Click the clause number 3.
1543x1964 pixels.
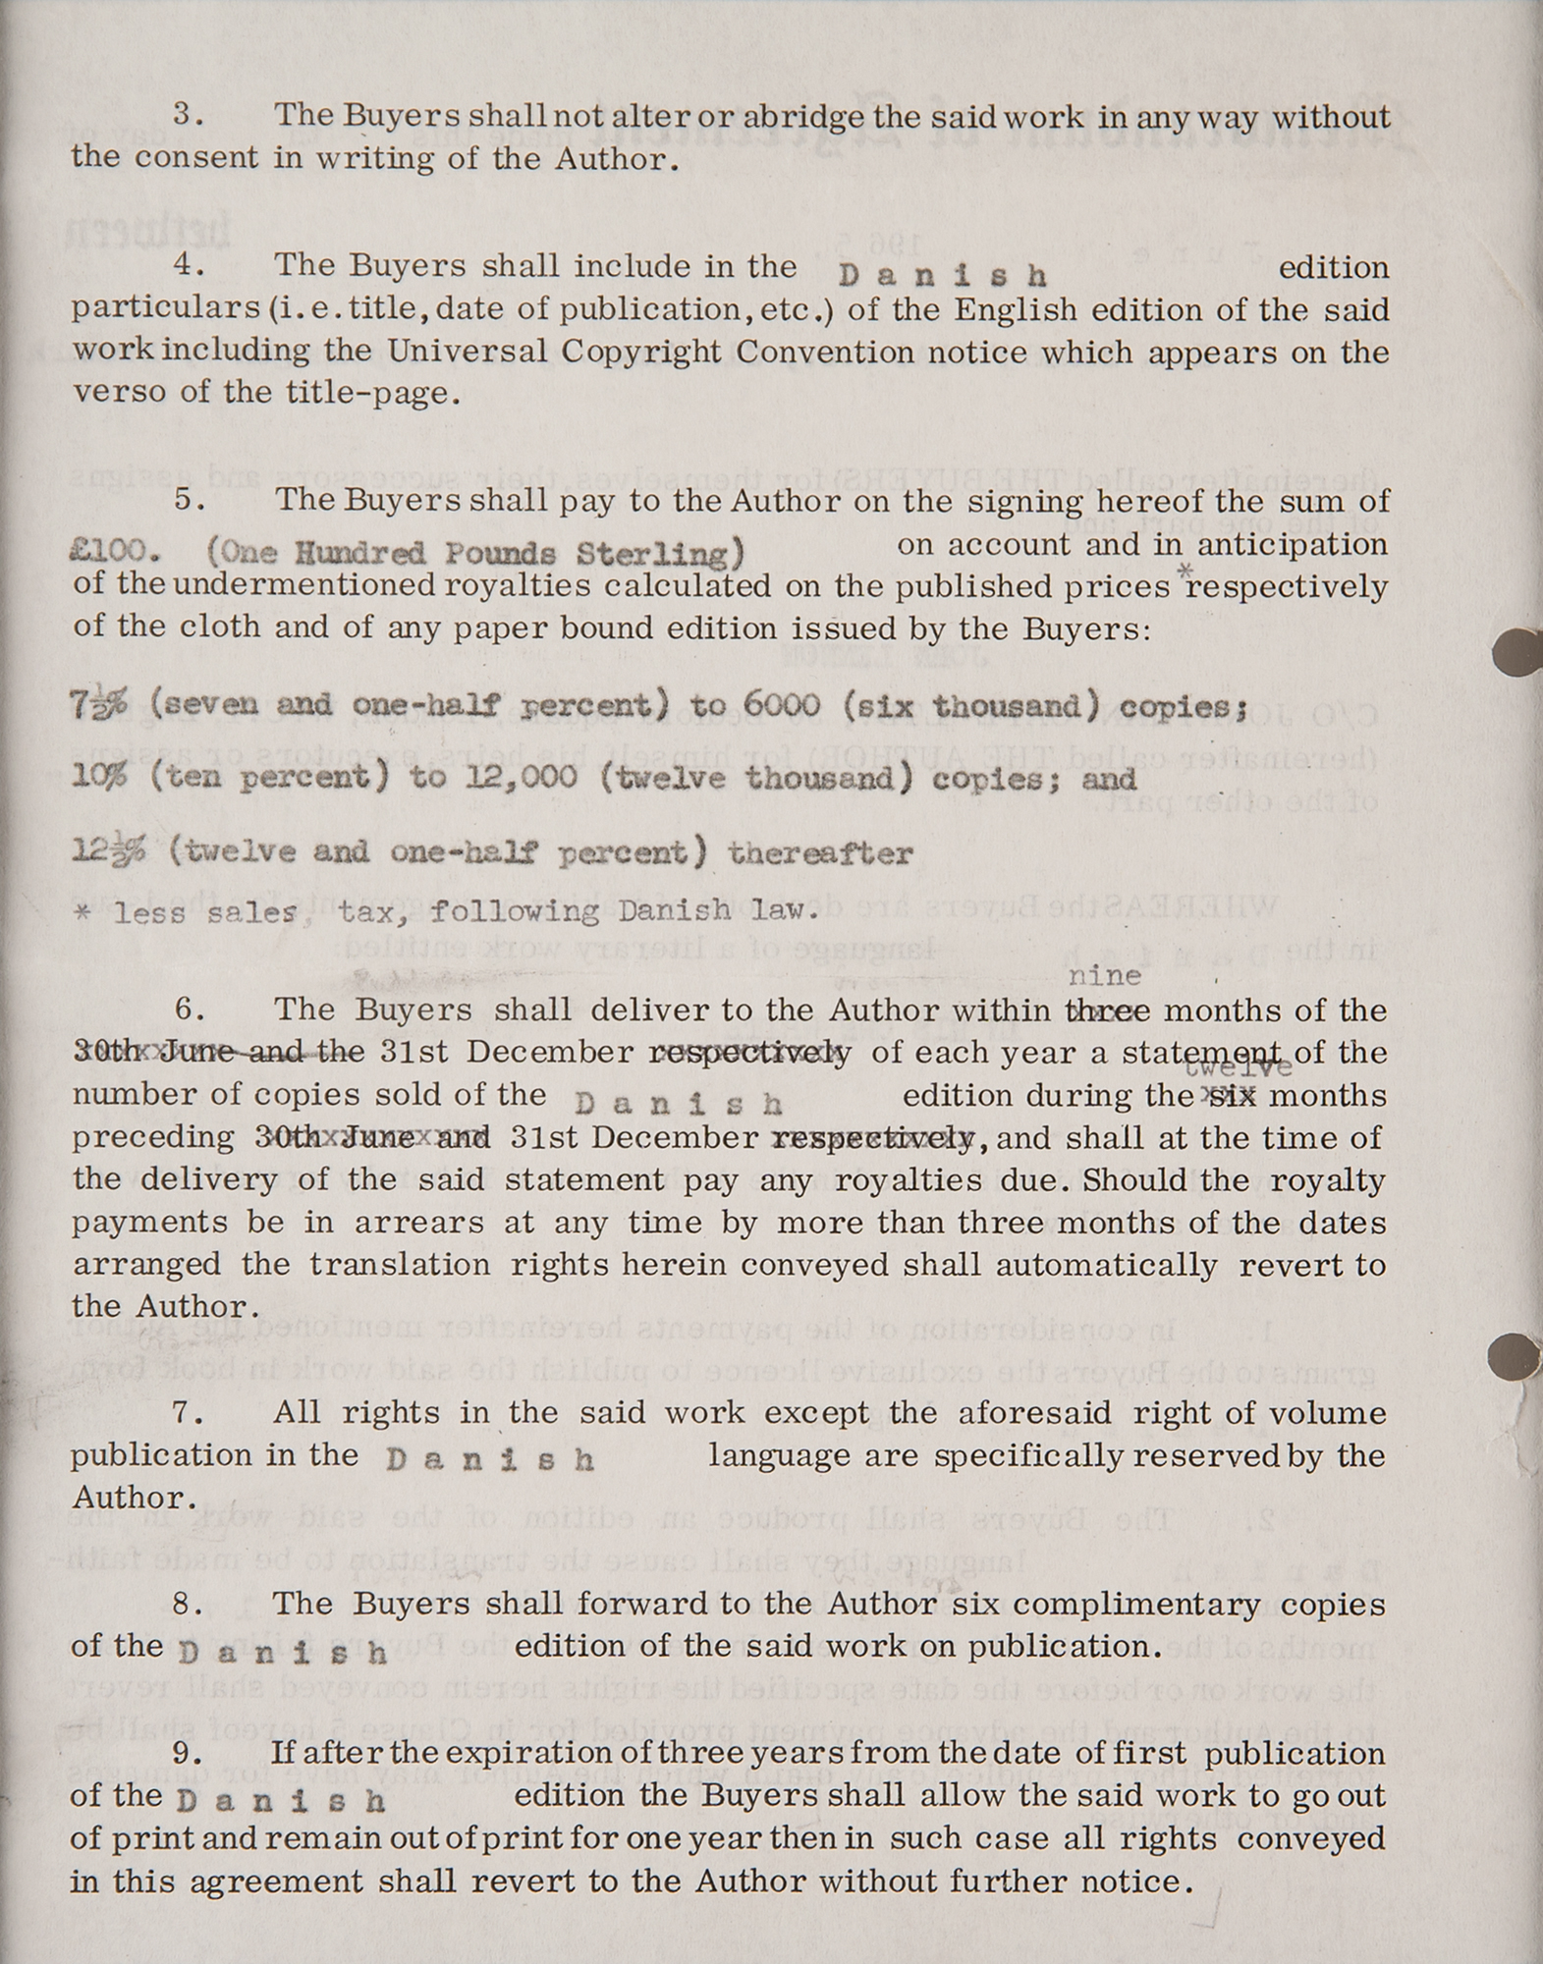[187, 115]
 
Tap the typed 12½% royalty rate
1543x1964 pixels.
[107, 851]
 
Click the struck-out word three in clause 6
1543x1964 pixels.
[1107, 1010]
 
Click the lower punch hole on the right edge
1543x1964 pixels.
[1515, 1356]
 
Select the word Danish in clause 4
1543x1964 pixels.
[943, 275]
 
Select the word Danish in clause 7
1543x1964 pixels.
[490, 1459]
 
